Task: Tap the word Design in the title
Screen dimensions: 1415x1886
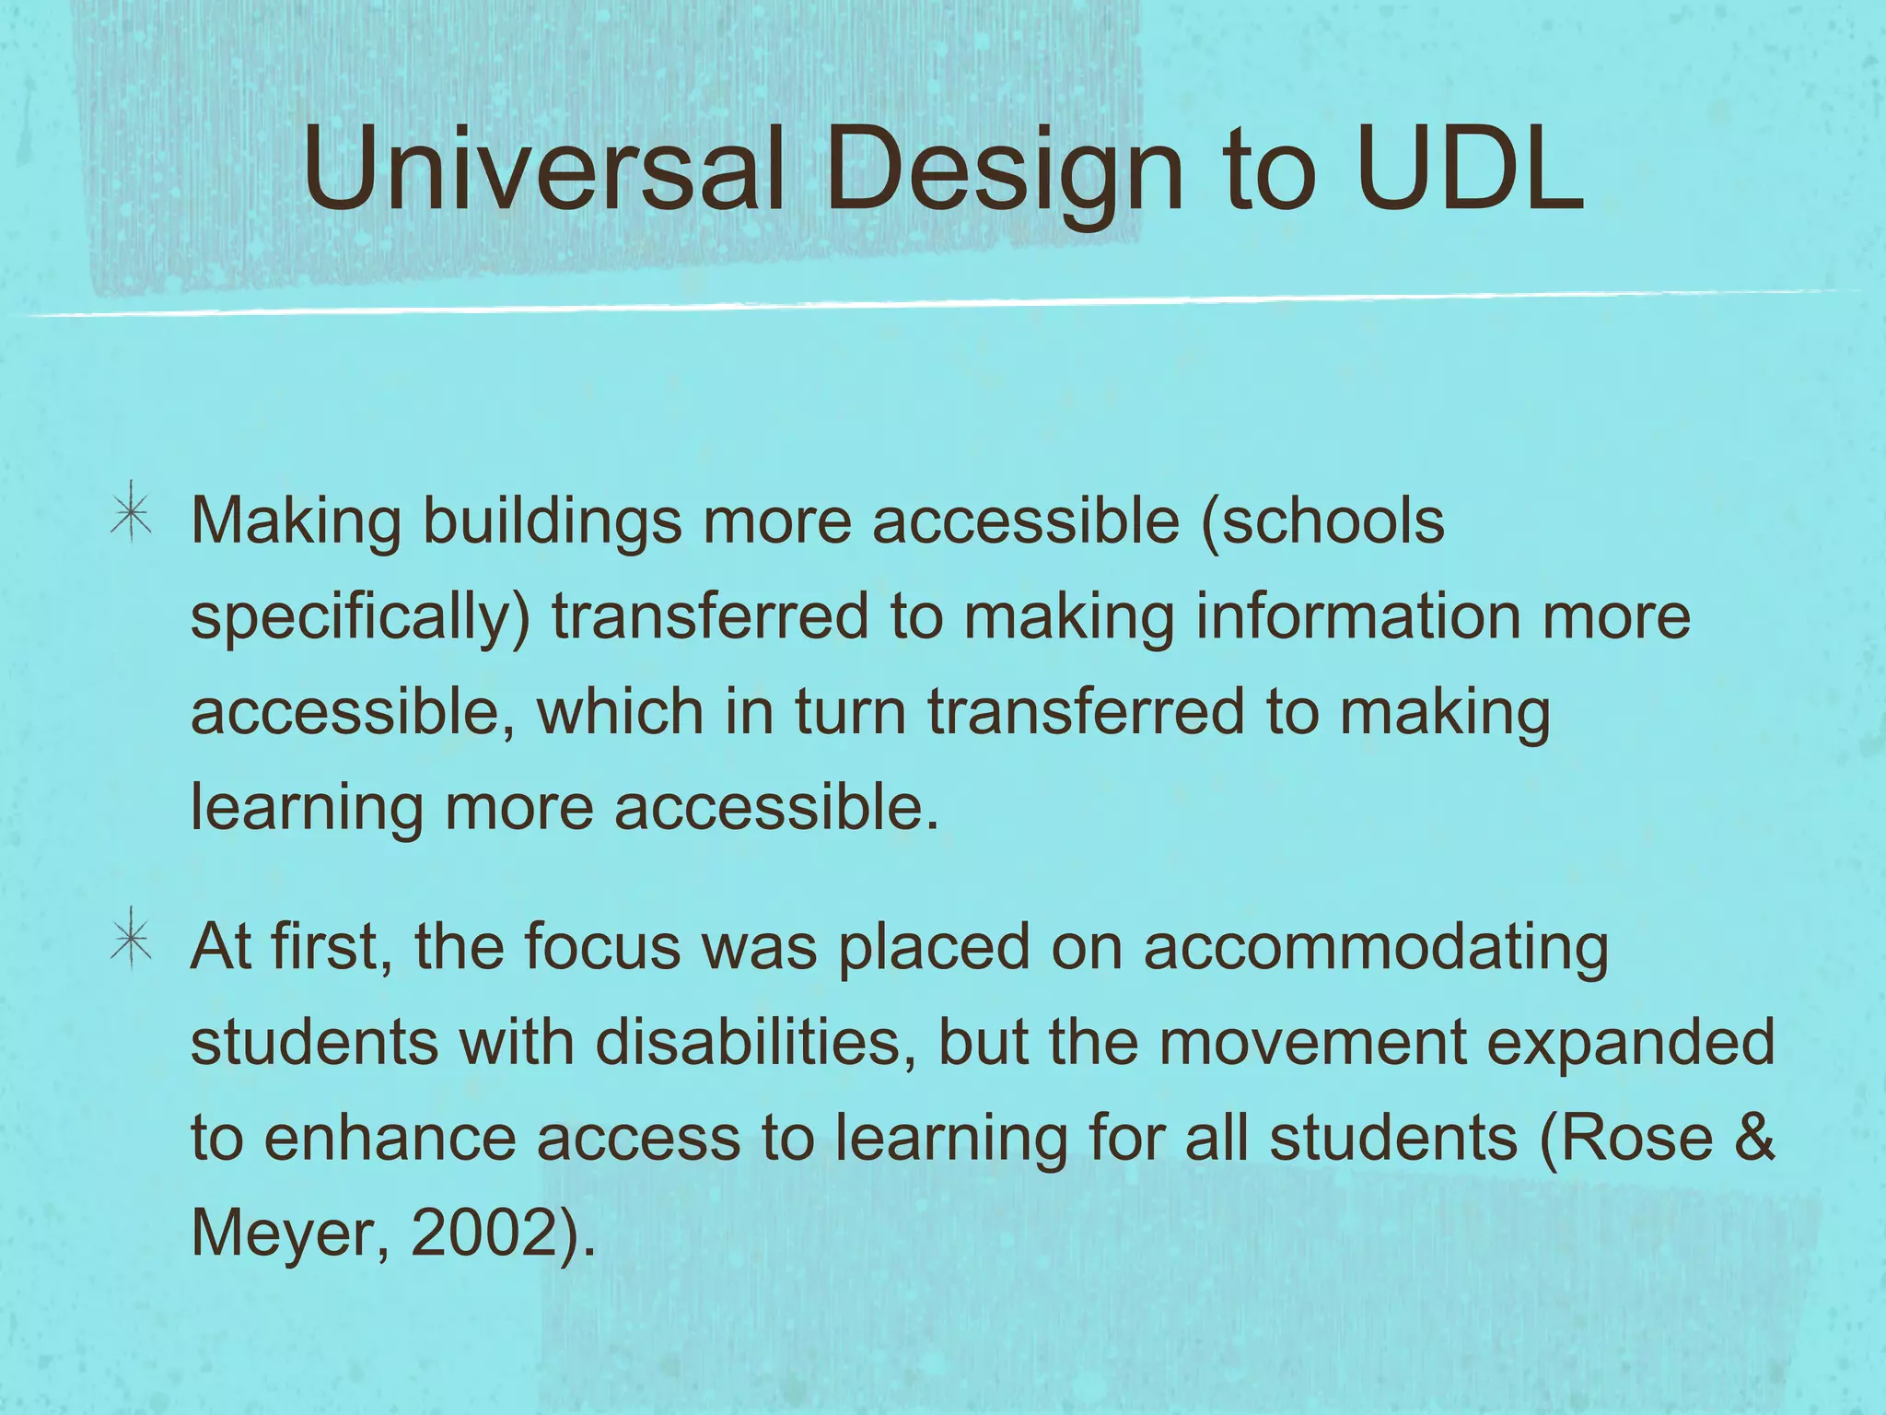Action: pyautogui.click(x=1004, y=170)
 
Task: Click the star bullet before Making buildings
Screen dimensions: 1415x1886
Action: pyautogui.click(x=132, y=513)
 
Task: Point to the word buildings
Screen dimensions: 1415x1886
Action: pyautogui.click(x=552, y=521)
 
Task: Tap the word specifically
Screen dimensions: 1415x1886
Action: pyautogui.click(x=355, y=617)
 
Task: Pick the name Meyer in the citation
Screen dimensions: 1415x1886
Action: pyautogui.click(x=281, y=1234)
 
